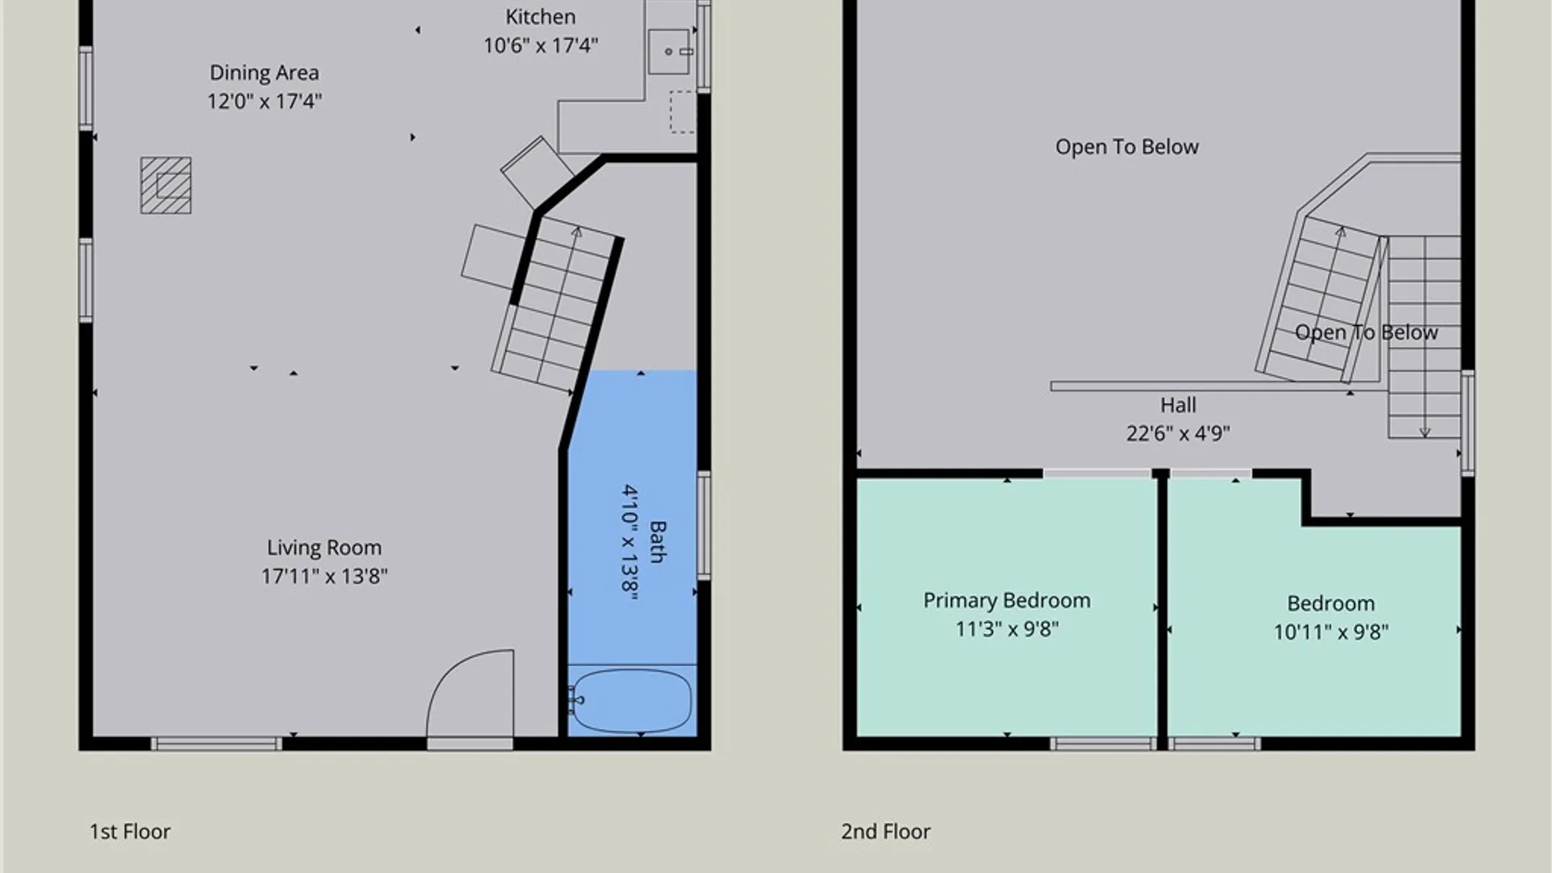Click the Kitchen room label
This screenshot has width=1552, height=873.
click(x=541, y=17)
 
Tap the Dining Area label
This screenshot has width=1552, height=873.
click(x=264, y=73)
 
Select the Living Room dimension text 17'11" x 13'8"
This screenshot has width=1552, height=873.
click(x=324, y=576)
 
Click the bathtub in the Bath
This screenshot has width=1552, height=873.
click(x=631, y=700)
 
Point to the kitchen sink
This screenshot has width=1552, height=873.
click(x=670, y=52)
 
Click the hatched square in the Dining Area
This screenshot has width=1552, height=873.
click(x=166, y=186)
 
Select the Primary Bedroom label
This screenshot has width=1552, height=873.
click(x=1006, y=601)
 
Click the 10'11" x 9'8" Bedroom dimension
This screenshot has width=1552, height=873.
click(x=1331, y=632)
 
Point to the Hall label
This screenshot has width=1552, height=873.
click(x=1178, y=405)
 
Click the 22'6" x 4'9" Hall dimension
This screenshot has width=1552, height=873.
click(x=1178, y=433)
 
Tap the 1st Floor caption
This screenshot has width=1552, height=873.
click(x=129, y=832)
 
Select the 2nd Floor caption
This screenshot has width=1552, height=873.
click(x=885, y=832)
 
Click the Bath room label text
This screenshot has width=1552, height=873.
click(x=658, y=542)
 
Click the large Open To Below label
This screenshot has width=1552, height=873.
click(x=1127, y=147)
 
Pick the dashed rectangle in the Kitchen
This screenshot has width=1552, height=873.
click(x=681, y=112)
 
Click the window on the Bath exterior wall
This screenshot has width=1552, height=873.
click(x=704, y=525)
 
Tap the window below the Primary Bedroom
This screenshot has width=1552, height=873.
click(x=1104, y=744)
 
